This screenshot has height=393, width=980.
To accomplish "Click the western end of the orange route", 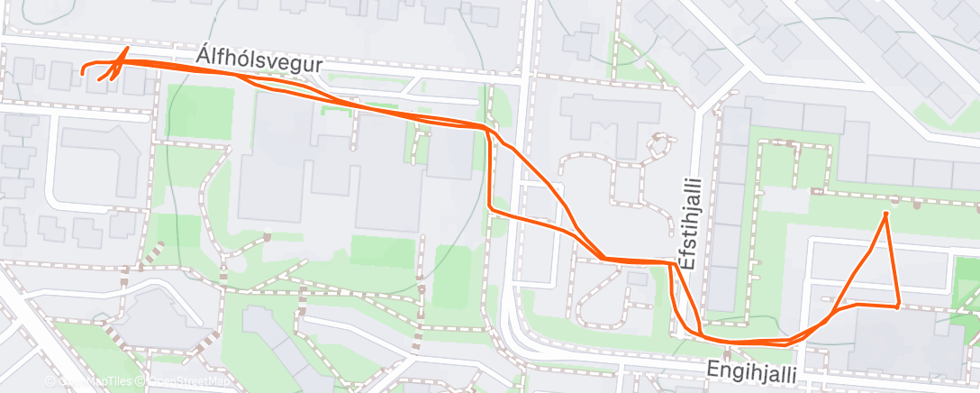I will pyautogui.click(x=83, y=70).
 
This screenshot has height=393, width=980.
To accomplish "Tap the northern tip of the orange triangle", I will pyautogui.click(x=886, y=214).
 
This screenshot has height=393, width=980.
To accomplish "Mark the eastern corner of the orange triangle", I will pyautogui.click(x=898, y=306).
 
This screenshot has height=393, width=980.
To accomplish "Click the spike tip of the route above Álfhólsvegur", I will pyautogui.click(x=127, y=48).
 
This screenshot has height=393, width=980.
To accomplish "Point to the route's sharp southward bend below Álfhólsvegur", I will pyautogui.click(x=487, y=130).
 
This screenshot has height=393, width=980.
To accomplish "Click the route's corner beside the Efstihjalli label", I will pyautogui.click(x=672, y=263).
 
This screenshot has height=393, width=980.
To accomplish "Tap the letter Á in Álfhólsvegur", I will pyautogui.click(x=203, y=56).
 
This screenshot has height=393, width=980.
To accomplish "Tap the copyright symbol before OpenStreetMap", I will pyautogui.click(x=142, y=382).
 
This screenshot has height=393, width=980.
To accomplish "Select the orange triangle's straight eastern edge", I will pyautogui.click(x=892, y=260).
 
